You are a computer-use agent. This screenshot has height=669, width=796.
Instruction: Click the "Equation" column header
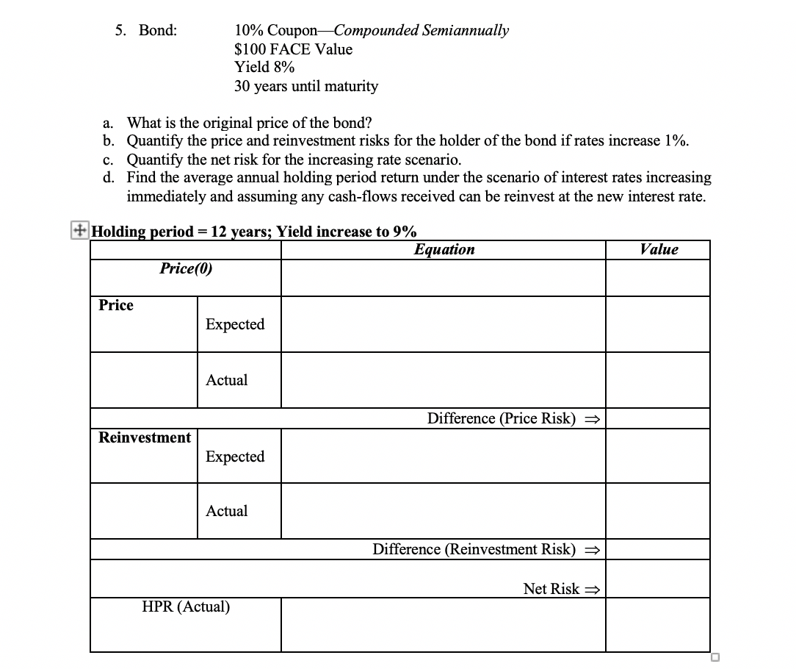pyautogui.click(x=444, y=250)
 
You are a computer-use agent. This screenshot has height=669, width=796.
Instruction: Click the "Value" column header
pyautogui.click(x=659, y=250)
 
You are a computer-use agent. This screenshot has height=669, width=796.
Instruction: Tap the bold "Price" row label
pyautogui.click(x=116, y=306)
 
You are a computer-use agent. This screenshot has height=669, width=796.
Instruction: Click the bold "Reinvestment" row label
pyautogui.click(x=145, y=438)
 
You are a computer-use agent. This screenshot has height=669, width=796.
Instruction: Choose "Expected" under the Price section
pyautogui.click(x=235, y=325)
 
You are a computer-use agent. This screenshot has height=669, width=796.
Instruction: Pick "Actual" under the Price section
pyautogui.click(x=227, y=381)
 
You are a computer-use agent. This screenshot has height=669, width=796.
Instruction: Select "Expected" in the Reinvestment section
pyautogui.click(x=235, y=457)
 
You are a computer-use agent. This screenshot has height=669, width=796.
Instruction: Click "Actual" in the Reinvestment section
pyautogui.click(x=227, y=511)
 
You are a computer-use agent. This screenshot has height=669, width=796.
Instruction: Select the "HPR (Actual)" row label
pyautogui.click(x=186, y=607)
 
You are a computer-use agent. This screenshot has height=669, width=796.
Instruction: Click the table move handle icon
pyautogui.click(x=77, y=229)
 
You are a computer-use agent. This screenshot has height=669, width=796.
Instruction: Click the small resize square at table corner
pyautogui.click(x=715, y=657)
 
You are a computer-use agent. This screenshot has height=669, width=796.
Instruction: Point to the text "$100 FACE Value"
pyautogui.click(x=293, y=50)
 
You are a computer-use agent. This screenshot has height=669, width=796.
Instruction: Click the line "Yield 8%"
pyautogui.click(x=264, y=68)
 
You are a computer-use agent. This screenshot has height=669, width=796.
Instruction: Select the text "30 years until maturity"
pyautogui.click(x=306, y=87)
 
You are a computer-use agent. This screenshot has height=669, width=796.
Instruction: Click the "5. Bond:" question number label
pyautogui.click(x=145, y=31)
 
